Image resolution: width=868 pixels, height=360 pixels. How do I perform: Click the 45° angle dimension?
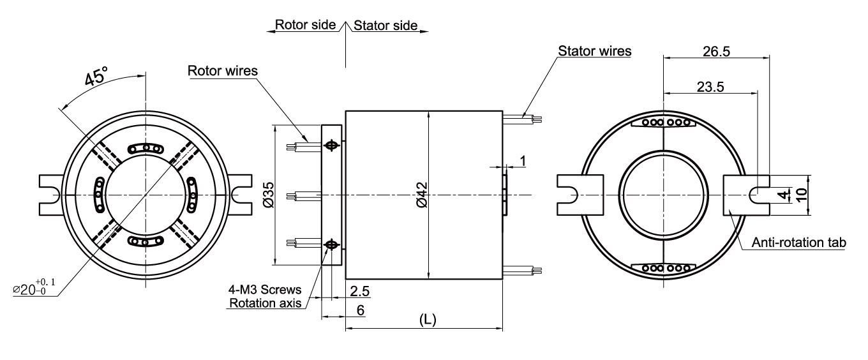pyautogui.click(x=96, y=79)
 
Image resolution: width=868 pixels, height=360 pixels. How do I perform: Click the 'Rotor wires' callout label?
pyautogui.click(x=223, y=71)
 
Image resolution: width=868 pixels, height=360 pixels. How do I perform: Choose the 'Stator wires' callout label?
pyautogui.click(x=594, y=50)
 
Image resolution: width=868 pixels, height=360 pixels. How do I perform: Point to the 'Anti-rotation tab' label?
pyautogui.click(x=798, y=243)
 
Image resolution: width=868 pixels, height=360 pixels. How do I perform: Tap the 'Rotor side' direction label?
pyautogui.click(x=305, y=26)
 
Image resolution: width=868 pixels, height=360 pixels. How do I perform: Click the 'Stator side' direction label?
pyautogui.click(x=385, y=26)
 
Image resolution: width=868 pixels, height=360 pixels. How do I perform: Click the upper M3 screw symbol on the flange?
pyautogui.click(x=331, y=146)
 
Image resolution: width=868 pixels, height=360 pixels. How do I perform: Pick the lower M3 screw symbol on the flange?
pyautogui.click(x=331, y=244)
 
